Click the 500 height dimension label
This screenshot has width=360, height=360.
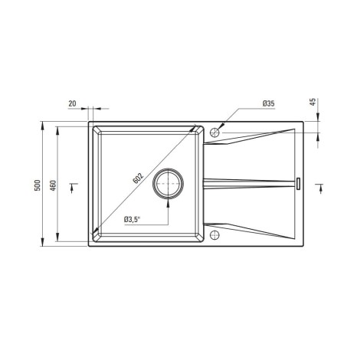tap(38, 185)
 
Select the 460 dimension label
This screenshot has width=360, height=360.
tap(53, 185)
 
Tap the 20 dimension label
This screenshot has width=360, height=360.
tap(72, 103)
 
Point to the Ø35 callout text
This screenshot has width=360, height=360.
tap(268, 103)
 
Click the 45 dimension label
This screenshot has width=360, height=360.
tap(313, 102)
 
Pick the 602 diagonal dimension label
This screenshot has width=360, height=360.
tap(138, 178)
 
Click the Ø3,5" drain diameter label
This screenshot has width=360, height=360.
tap(133, 220)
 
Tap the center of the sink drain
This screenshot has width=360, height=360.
tap(168, 184)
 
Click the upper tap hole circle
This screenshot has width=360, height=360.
tap(214, 133)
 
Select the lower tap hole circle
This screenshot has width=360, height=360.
tap(214, 235)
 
